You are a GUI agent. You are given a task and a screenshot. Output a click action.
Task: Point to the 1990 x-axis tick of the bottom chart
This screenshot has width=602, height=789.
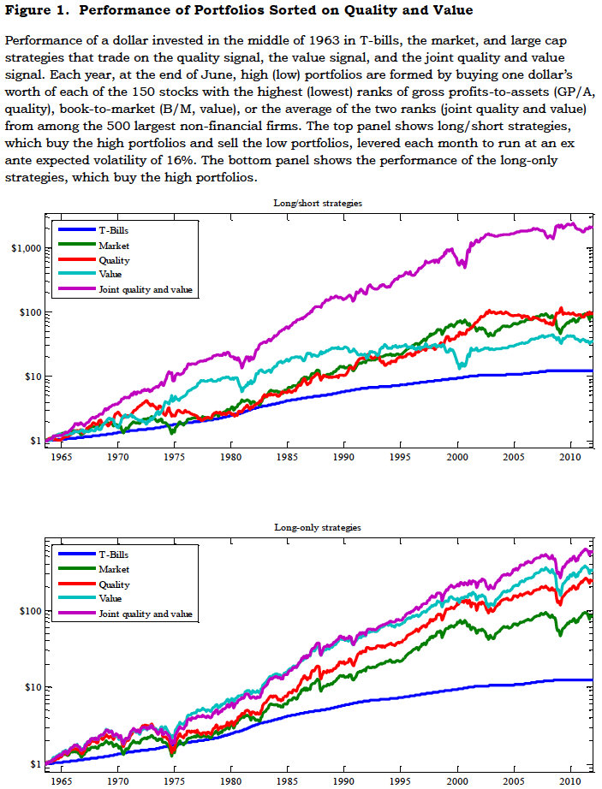[345, 780]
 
